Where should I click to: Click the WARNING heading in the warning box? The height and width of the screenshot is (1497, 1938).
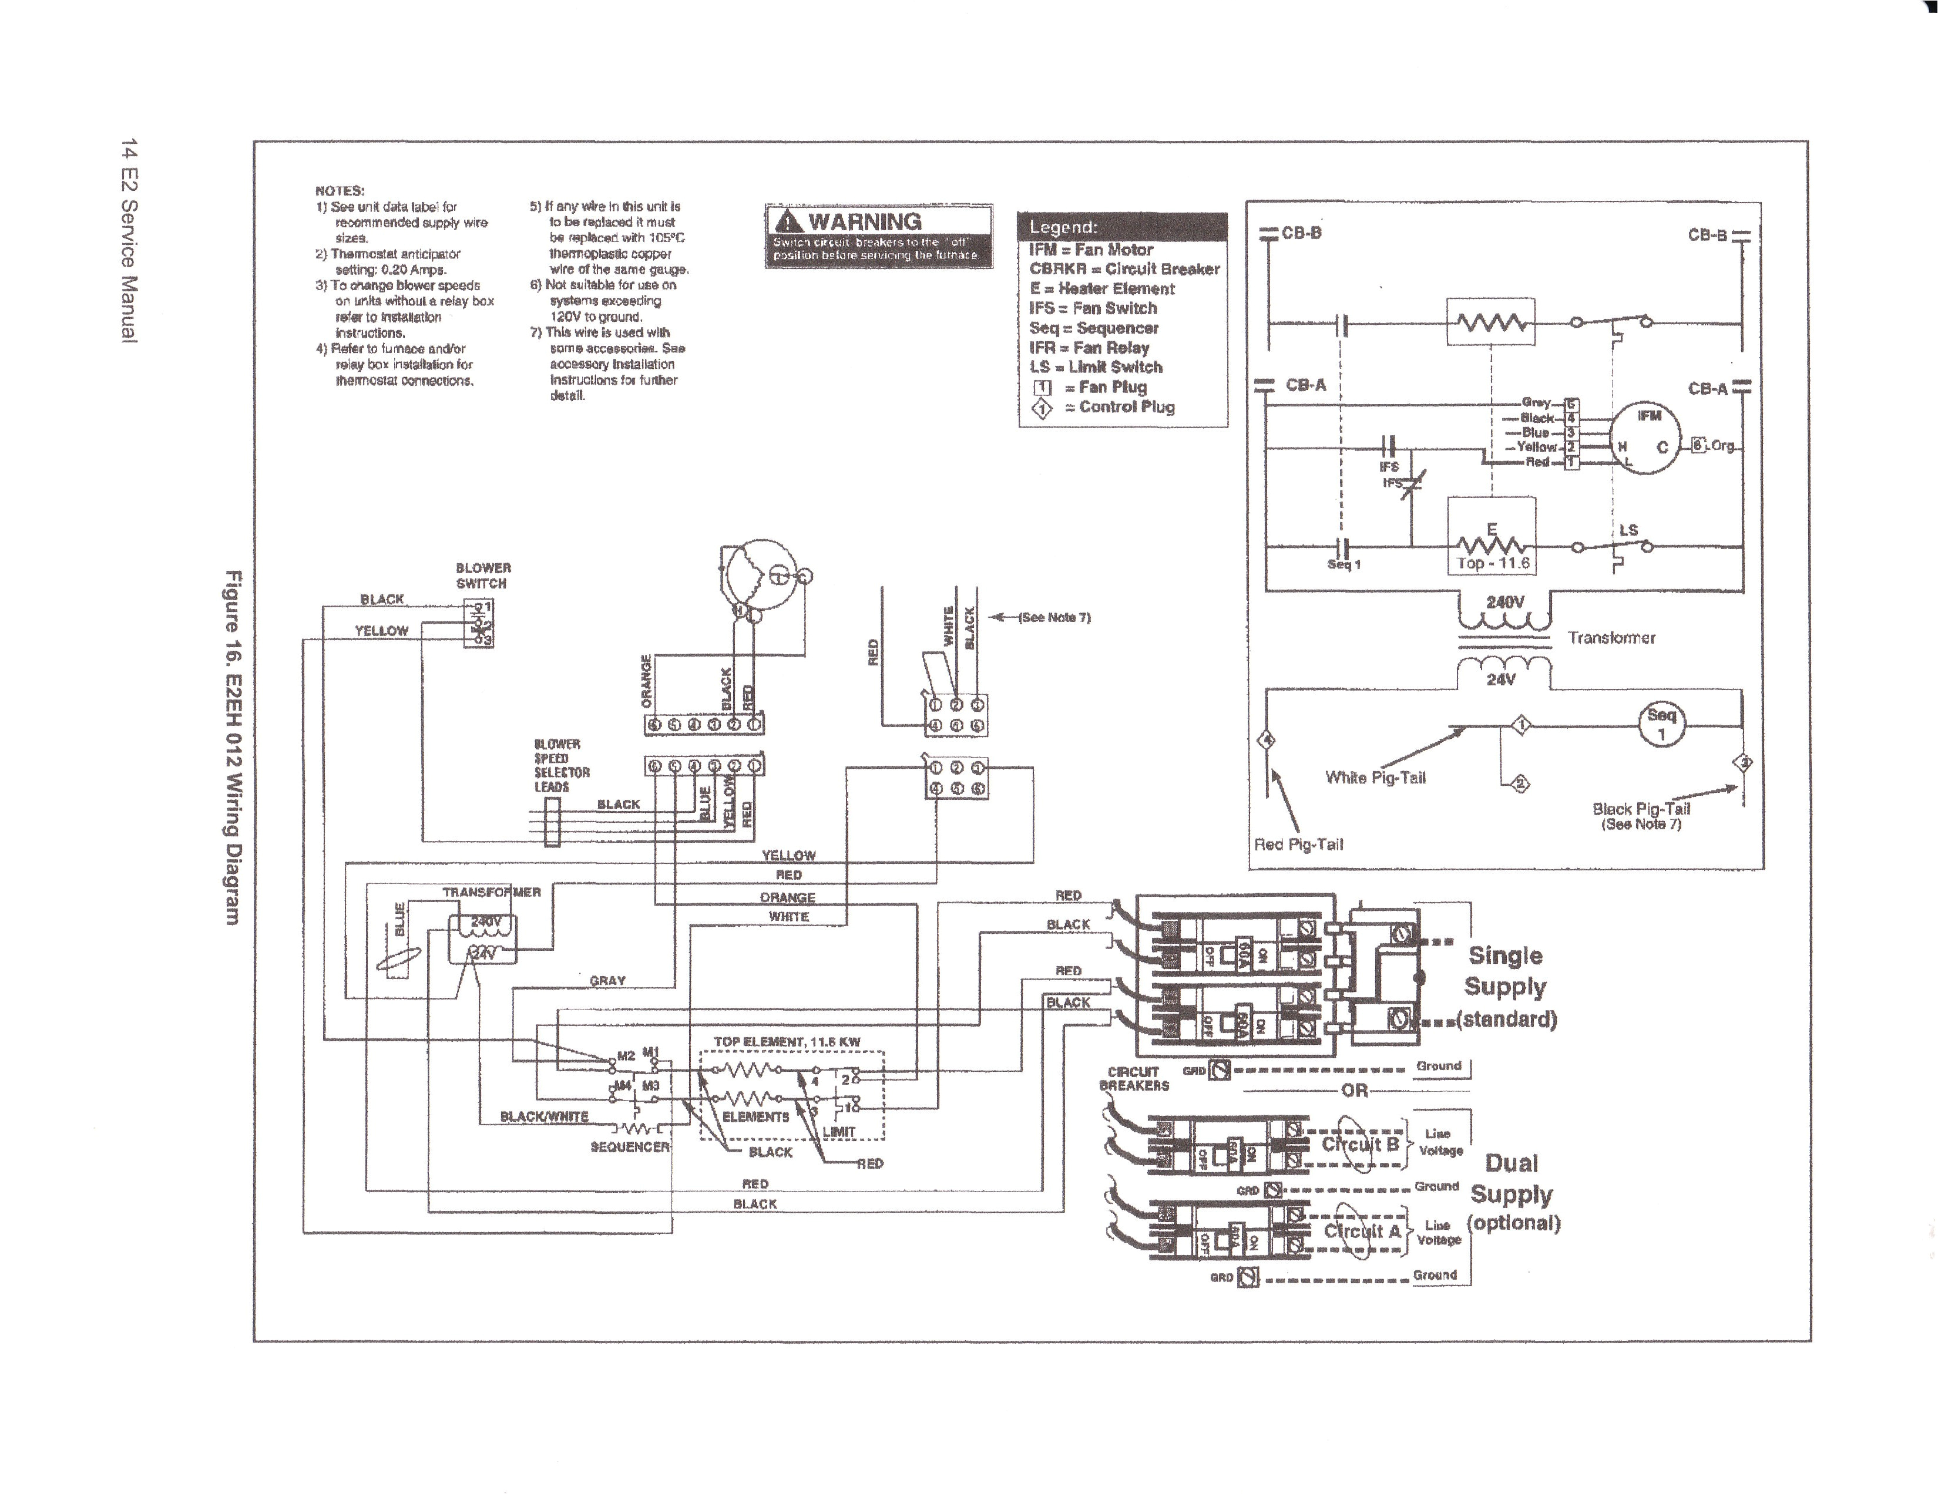click(x=864, y=222)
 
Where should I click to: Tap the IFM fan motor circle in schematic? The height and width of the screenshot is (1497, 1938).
click(x=1648, y=438)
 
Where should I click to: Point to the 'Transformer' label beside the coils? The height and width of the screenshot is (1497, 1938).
click(x=1611, y=637)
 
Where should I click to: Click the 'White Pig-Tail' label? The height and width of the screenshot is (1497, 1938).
click(x=1375, y=778)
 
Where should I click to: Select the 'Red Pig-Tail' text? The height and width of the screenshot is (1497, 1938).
click(x=1298, y=844)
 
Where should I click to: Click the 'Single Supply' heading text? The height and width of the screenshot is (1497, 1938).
click(x=1506, y=971)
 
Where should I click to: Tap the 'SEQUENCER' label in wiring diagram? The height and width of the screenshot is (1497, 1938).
click(x=629, y=1146)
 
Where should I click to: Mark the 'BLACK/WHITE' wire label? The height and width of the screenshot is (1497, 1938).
click(x=544, y=1116)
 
